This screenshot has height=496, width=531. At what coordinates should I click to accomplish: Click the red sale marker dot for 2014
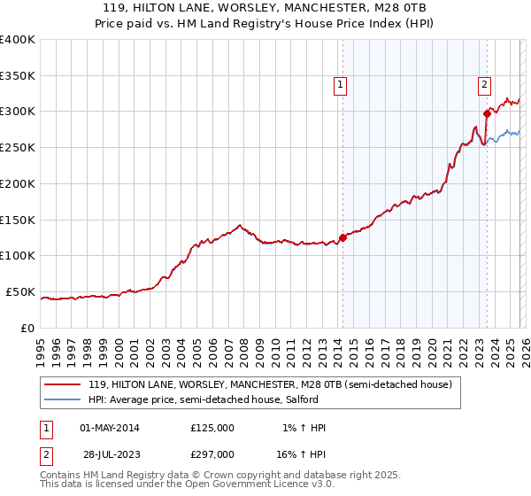point(342,237)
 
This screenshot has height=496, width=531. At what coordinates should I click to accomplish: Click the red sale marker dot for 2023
point(487,112)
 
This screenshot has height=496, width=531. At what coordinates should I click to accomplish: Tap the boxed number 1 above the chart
point(341,85)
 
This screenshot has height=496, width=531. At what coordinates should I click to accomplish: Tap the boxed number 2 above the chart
point(485,85)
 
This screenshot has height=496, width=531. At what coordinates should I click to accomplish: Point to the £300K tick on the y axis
point(17,112)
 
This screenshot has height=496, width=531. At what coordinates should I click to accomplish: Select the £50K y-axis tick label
point(20,291)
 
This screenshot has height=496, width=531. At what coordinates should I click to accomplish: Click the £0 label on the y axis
point(27,328)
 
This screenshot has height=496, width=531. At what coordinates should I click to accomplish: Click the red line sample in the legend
point(62,384)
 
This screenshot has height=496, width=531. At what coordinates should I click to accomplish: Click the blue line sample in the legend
point(62,399)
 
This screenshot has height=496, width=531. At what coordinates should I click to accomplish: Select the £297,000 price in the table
point(212,453)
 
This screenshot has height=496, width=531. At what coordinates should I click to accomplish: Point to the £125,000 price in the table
point(212,428)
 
